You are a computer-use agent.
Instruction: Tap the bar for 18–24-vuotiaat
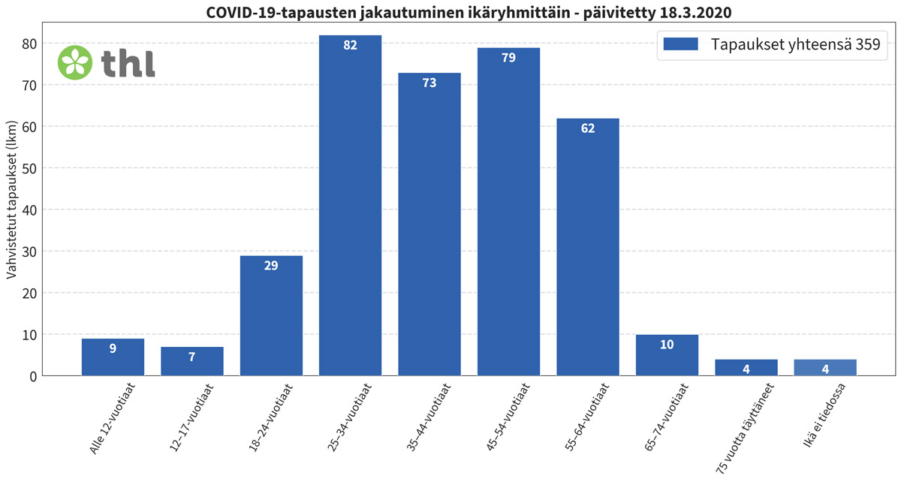271,315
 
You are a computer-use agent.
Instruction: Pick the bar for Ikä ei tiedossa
824,367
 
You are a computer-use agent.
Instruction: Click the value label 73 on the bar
429,83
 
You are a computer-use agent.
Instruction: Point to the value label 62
588,128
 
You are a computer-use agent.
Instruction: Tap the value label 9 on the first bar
113,348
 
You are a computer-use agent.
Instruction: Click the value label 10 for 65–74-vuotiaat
667,345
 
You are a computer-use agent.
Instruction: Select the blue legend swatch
681,44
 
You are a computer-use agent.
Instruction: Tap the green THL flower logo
75,62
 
